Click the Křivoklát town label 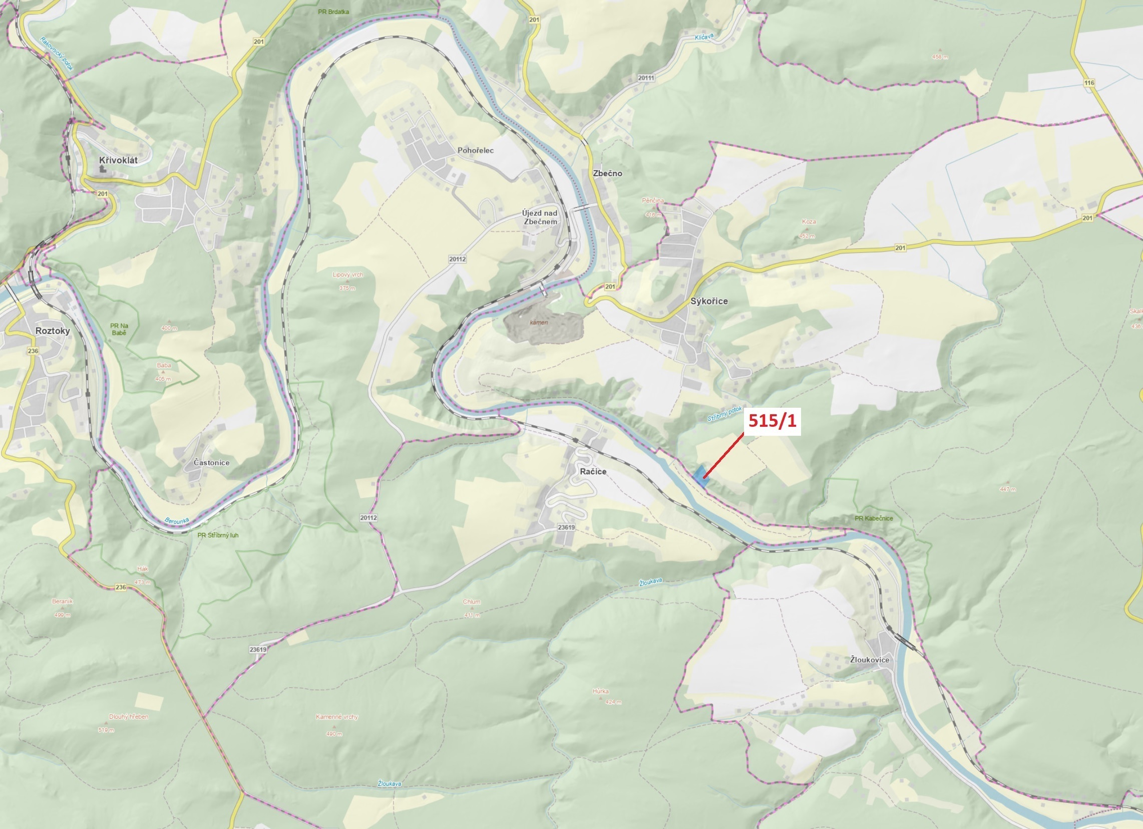[x=118, y=160]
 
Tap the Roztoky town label [x=53, y=331]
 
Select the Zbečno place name [x=607, y=173]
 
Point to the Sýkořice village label [x=708, y=301]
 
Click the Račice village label [x=593, y=471]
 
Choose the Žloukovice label [x=869, y=660]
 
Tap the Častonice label [x=211, y=462]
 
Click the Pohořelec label [x=475, y=150]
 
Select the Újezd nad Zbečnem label [x=540, y=217]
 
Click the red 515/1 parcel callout [x=772, y=421]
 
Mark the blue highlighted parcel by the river [x=700, y=476]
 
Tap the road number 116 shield [x=1089, y=83]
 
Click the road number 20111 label [x=645, y=78]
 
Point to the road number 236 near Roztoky [x=33, y=351]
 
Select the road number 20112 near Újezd [x=457, y=259]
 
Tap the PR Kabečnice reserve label [x=873, y=518]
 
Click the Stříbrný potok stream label [x=724, y=415]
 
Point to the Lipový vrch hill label [x=347, y=275]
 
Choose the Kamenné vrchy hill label [x=336, y=717]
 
